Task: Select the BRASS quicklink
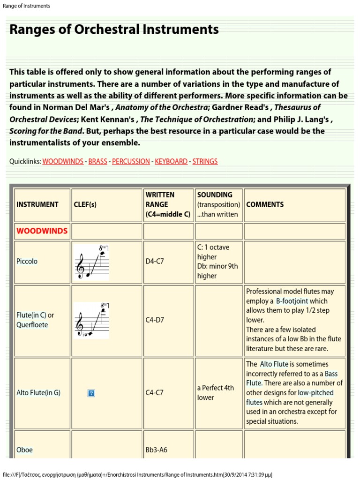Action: pos(97,161)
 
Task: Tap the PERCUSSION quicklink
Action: pos(131,161)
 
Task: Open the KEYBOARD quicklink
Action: pos(171,161)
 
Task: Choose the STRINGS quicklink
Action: pos(205,161)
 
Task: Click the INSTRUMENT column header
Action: pos(37,204)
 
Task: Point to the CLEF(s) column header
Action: pos(85,204)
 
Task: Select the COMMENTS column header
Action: pos(265,204)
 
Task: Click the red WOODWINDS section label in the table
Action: pos(42,231)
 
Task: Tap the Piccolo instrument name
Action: pos(27,261)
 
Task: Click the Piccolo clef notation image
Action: pos(92,262)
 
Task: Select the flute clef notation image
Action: pos(92,320)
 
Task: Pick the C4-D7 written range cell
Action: pos(155,320)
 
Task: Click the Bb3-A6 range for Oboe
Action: pos(157,450)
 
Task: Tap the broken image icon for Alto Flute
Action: pos(91,393)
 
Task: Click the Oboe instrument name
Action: pos(24,450)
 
